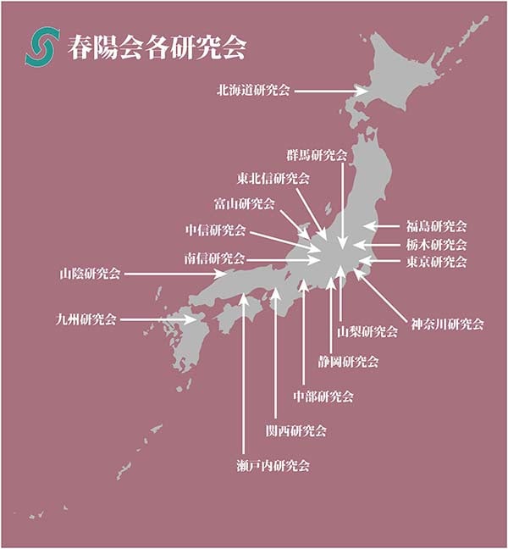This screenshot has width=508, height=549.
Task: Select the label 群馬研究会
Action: (x=317, y=156)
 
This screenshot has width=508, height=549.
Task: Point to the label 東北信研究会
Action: (x=273, y=179)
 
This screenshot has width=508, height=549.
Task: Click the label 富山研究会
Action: (x=244, y=203)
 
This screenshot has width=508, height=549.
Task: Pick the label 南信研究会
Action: (x=213, y=258)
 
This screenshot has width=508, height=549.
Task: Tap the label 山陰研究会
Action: (x=90, y=274)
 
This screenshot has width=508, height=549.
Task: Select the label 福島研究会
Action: (x=436, y=226)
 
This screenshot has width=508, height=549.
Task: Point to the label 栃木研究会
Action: (x=436, y=244)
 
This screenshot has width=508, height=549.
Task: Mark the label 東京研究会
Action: (x=436, y=262)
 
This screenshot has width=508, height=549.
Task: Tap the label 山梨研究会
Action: (x=367, y=331)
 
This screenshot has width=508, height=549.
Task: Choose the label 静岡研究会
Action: (x=348, y=362)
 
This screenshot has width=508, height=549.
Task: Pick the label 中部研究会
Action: (x=323, y=396)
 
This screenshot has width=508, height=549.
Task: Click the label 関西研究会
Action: (x=295, y=430)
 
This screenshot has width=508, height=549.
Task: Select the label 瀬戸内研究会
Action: (x=273, y=465)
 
